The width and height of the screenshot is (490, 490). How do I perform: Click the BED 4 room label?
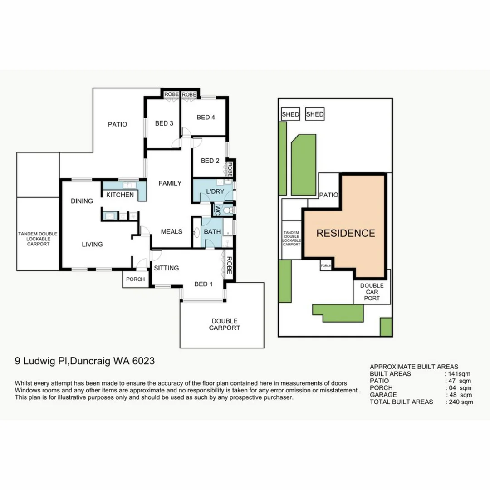click(x=206, y=118)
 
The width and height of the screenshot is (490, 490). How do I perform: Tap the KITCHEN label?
click(x=120, y=195)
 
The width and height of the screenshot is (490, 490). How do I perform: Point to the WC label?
click(x=217, y=210)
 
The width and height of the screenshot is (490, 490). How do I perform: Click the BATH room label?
click(x=212, y=232)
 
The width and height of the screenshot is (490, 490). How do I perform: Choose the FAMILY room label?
click(x=170, y=183)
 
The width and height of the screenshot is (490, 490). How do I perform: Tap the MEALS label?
click(x=171, y=232)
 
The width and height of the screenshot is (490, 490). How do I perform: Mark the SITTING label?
click(x=167, y=268)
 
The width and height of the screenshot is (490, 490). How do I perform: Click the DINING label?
click(x=82, y=201)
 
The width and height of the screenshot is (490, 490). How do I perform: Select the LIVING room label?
click(x=92, y=244)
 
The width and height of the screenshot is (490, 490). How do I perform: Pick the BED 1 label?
click(x=203, y=284)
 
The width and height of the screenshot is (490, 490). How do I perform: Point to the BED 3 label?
click(x=164, y=123)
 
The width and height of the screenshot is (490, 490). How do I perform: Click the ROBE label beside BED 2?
click(x=230, y=170)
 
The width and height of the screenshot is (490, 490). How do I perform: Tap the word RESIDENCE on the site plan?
click(x=345, y=233)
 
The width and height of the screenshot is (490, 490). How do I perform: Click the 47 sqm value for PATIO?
click(x=459, y=381)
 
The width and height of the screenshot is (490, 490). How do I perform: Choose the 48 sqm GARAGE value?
click(x=459, y=395)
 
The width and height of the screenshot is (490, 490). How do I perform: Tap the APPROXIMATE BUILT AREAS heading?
click(x=414, y=367)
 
